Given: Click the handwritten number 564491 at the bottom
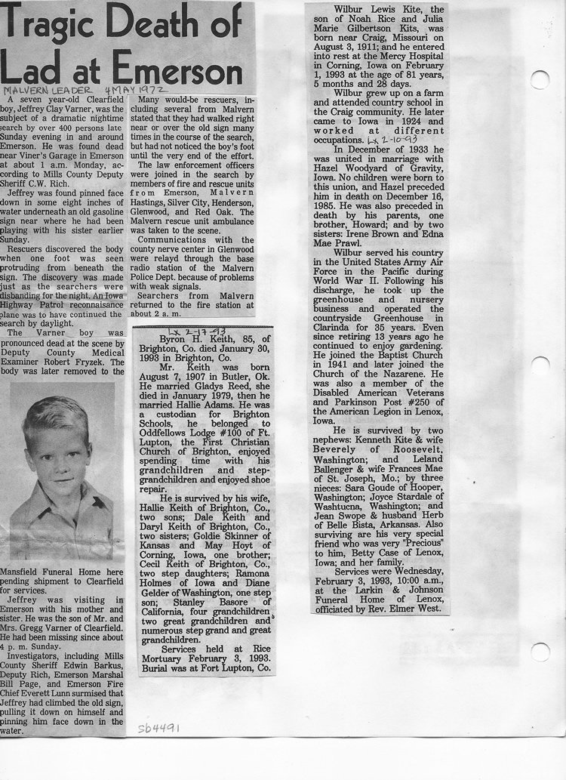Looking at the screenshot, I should pyautogui.click(x=158, y=728).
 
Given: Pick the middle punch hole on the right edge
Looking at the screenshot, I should pyautogui.click(x=540, y=365).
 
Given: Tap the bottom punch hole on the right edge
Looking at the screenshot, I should pyautogui.click(x=540, y=652).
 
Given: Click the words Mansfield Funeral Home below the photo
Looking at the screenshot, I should pyautogui.click(x=48, y=572).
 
